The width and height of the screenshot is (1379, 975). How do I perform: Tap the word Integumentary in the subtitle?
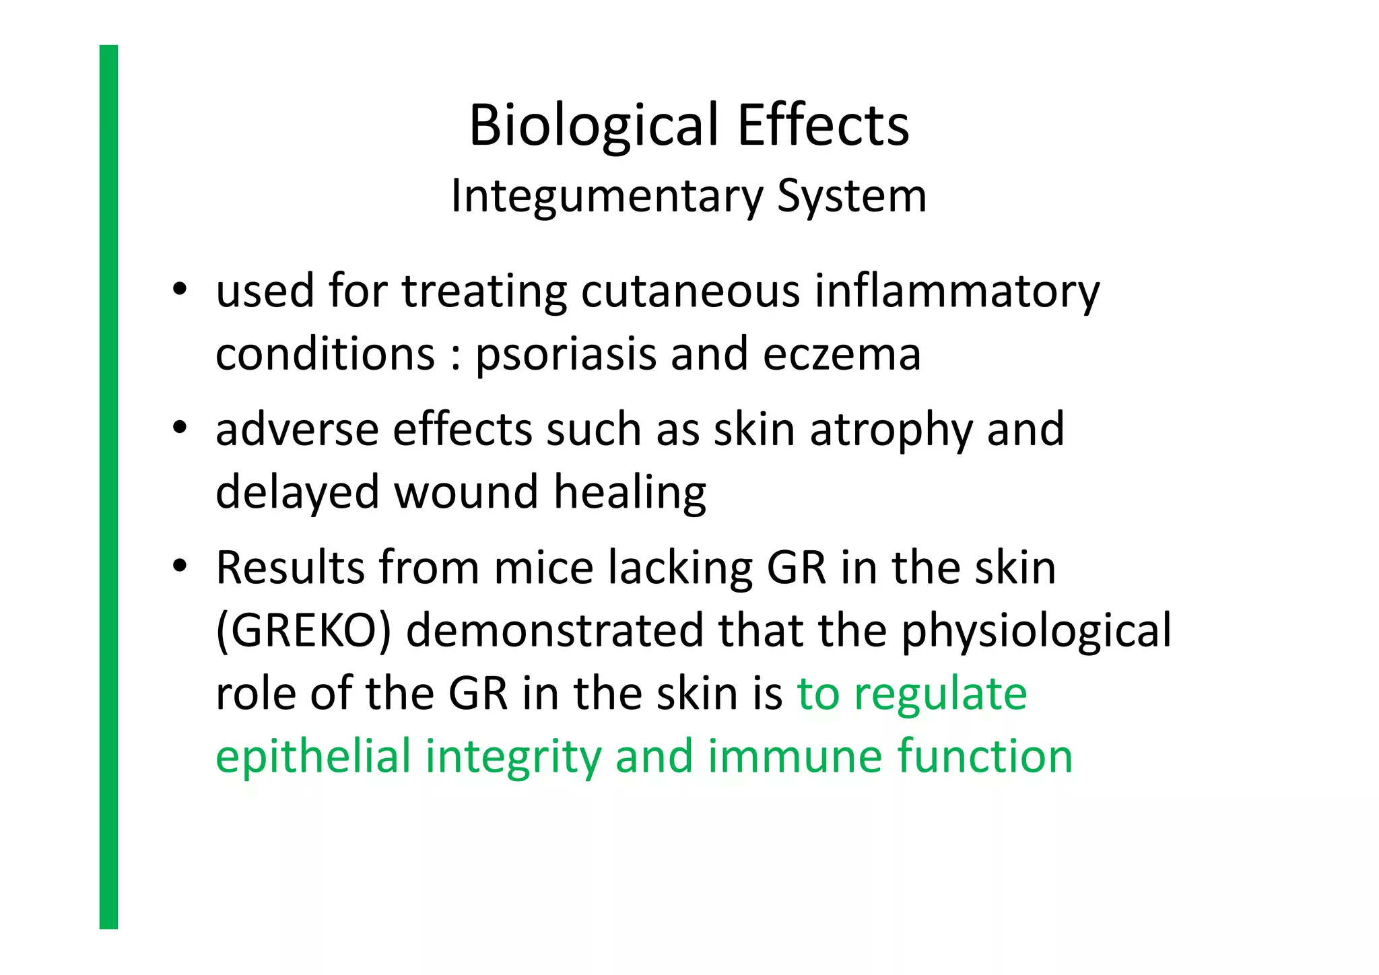(x=607, y=197)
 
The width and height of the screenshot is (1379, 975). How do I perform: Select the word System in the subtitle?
(x=852, y=197)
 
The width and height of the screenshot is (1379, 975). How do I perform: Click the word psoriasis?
(x=565, y=355)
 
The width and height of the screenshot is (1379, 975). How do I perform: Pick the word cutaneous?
(x=690, y=292)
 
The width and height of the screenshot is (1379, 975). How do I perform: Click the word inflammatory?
(x=957, y=292)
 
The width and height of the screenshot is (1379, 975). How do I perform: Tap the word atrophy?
(x=891, y=430)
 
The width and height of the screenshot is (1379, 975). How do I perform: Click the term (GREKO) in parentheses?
(x=304, y=631)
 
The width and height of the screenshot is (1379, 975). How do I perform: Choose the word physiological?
(x=1036, y=631)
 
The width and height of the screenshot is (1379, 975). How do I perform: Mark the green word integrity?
(x=513, y=756)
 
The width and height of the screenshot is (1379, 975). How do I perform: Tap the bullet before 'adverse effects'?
(x=179, y=428)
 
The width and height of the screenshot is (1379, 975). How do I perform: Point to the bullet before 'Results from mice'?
(x=179, y=566)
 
